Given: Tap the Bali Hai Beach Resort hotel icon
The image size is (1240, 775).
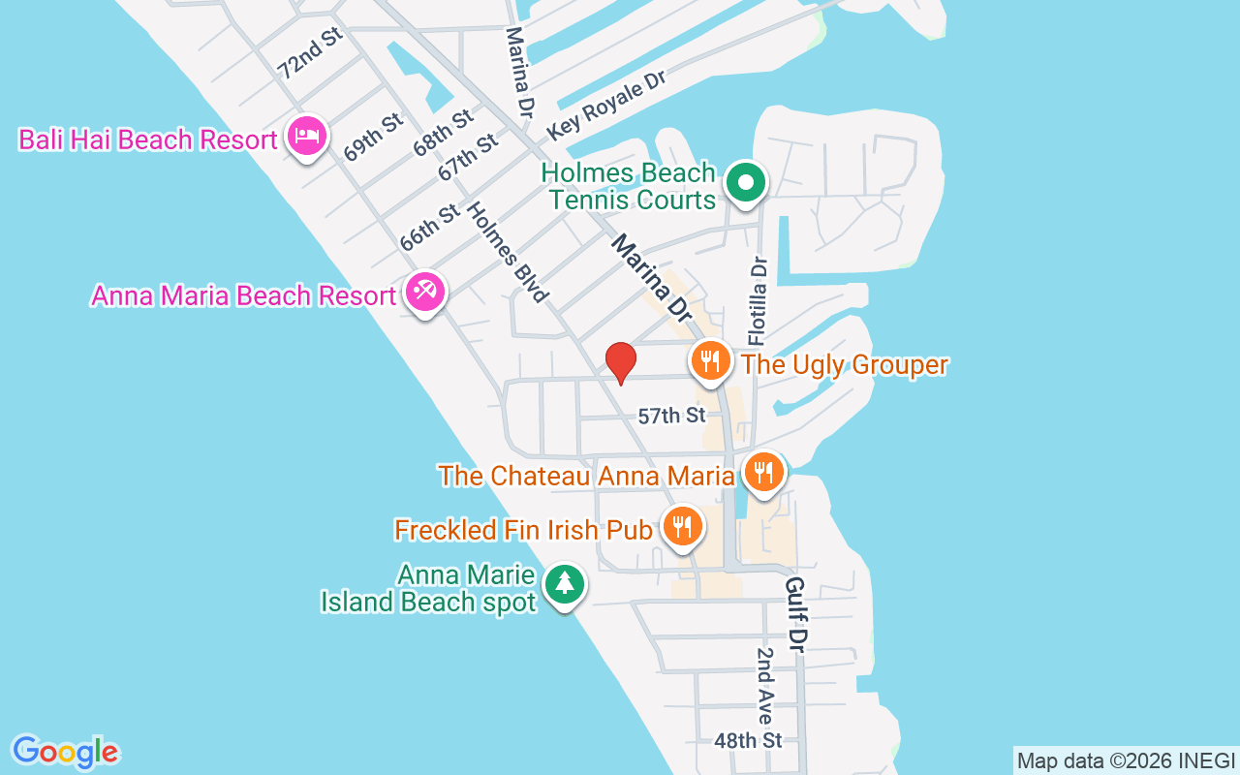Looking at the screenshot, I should [x=307, y=138].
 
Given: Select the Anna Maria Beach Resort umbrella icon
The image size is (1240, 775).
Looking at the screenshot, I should [x=424, y=292].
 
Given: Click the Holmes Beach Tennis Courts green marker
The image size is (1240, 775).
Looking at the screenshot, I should [x=746, y=182].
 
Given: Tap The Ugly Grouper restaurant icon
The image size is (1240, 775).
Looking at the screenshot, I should [x=711, y=361].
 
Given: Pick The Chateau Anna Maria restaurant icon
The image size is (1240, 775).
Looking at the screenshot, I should [x=764, y=473].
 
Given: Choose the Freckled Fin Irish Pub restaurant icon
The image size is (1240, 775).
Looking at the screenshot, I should [x=683, y=527].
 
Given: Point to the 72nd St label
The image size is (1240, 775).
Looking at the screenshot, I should [x=310, y=52].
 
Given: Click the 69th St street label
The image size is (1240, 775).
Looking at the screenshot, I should [x=373, y=138].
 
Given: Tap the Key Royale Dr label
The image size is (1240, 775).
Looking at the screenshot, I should [x=607, y=105].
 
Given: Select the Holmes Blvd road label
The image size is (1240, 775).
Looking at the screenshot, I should [x=509, y=252].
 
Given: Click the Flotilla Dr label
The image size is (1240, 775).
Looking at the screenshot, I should [x=759, y=300].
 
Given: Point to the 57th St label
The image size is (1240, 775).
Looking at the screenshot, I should [x=671, y=416].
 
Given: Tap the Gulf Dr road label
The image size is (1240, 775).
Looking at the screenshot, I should [x=797, y=614].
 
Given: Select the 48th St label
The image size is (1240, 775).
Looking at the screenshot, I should [x=748, y=741].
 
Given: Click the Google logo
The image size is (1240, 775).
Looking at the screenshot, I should [x=66, y=752].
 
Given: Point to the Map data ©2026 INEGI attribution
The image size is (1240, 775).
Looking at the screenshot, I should [x=1126, y=760].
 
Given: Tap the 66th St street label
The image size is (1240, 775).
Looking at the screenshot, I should [x=429, y=228].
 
